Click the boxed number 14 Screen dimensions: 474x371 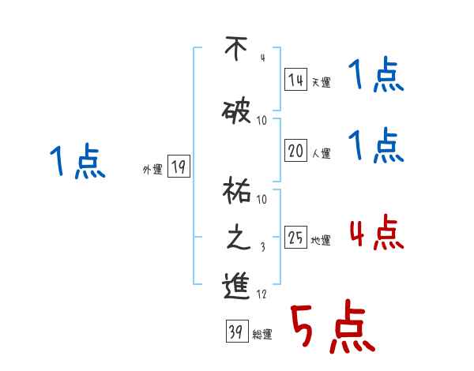pyautogui.click(x=295, y=80)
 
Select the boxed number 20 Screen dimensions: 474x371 pyautogui.click(x=295, y=149)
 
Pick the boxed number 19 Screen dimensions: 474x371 pyautogui.click(x=179, y=167)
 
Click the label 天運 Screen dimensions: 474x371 pyautogui.click(x=322, y=82)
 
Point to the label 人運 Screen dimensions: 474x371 pyautogui.click(x=322, y=152)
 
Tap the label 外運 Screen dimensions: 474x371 pyautogui.click(x=152, y=169)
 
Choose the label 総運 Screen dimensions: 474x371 pyautogui.click(x=262, y=335)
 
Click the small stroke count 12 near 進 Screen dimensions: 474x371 pyautogui.click(x=261, y=295)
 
